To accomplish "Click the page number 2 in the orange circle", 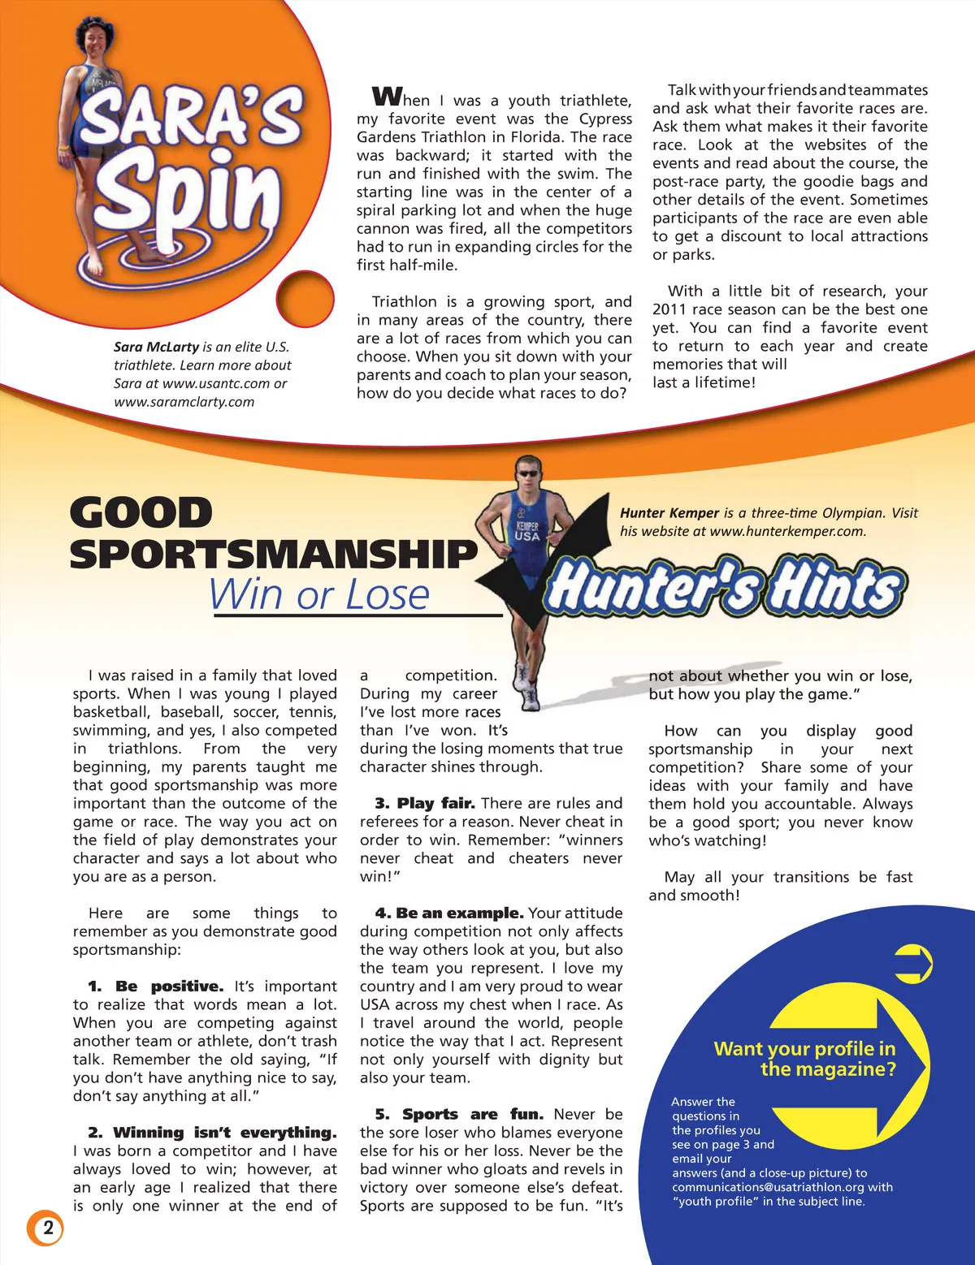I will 48,1227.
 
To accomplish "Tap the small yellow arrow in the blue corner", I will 913,964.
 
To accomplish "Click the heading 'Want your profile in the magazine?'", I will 805,1059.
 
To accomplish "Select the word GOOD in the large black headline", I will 141,512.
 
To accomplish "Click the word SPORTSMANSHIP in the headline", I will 274,554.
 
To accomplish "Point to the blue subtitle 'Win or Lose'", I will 318,594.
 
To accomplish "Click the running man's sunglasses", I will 528,474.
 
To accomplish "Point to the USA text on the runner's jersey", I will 527,536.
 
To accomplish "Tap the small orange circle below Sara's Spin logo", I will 305,298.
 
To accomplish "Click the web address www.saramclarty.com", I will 184,401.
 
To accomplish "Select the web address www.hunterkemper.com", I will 788,531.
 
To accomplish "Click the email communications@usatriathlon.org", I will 768,1187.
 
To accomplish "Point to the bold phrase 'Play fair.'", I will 436,803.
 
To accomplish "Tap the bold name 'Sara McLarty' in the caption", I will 156,347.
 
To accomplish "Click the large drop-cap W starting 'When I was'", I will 387,97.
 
